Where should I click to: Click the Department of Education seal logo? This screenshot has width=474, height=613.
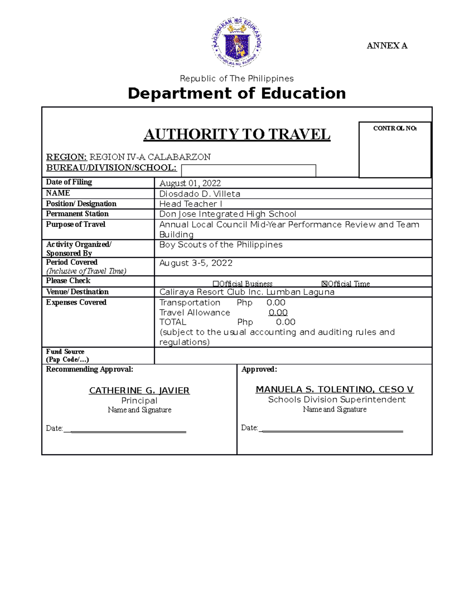pos(237,42)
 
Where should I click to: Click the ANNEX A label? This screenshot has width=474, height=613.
pos(387,46)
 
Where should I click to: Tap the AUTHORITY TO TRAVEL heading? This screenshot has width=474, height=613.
pos(237,135)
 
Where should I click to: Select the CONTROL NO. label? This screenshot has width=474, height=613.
pos(395,128)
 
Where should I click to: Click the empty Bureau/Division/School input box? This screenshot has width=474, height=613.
pos(248,171)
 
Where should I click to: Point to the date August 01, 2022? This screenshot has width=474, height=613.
pos(190,183)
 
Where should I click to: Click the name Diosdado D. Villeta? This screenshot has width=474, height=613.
pos(199,194)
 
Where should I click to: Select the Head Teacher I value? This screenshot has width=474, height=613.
pos(190,204)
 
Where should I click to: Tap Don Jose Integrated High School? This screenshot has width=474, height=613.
pos(228,214)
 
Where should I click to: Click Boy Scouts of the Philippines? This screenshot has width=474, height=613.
pos(221,245)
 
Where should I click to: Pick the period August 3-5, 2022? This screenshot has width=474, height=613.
pos(196,263)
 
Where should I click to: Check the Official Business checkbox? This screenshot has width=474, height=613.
pos(216,284)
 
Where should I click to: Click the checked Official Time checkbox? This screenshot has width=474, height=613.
pos(325,284)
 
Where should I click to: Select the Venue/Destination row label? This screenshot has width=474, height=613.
pos(77,292)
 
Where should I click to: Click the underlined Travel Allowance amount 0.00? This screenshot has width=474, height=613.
pos(278,313)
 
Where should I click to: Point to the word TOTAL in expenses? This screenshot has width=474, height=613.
pos(173,322)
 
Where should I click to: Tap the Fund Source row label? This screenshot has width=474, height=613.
pos(65,352)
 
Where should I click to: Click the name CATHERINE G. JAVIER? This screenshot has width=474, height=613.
pos(139,390)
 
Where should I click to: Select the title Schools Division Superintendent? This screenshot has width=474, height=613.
pos(337,399)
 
